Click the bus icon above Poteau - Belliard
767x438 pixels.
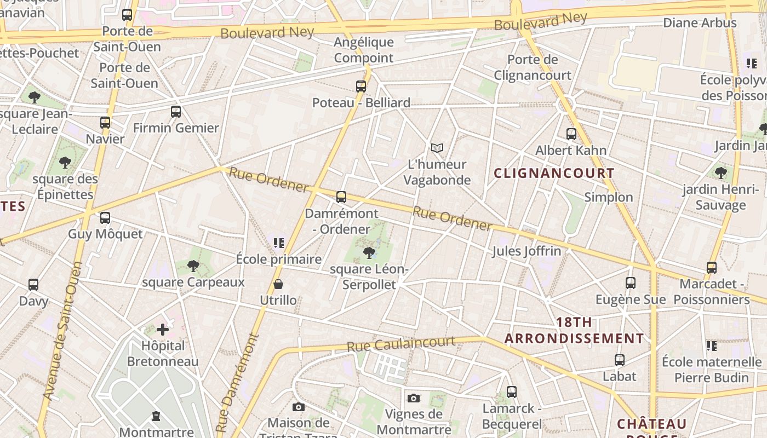coord(360,86)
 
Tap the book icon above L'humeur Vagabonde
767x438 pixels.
coord(437,148)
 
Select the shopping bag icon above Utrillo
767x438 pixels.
coord(278,284)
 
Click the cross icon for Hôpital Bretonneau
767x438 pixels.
coord(163,330)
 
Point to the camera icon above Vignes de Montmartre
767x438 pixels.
coord(414,398)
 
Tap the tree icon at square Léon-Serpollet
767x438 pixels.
coord(369,252)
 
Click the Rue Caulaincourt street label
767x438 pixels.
coord(401,344)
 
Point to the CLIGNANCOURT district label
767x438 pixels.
coord(554,173)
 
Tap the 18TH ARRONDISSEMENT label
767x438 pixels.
coord(574,330)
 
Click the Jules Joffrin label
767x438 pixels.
coord(526,251)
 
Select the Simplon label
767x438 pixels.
coord(608,197)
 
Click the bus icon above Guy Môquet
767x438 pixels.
coord(105,218)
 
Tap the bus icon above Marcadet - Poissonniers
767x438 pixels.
coord(712,268)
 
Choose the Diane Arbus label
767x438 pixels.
coord(700,23)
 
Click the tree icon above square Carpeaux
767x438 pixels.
coord(193,266)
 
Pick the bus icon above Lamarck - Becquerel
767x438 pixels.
coord(512,392)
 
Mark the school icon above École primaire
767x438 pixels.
coord(279,243)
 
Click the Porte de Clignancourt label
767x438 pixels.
coord(533,67)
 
